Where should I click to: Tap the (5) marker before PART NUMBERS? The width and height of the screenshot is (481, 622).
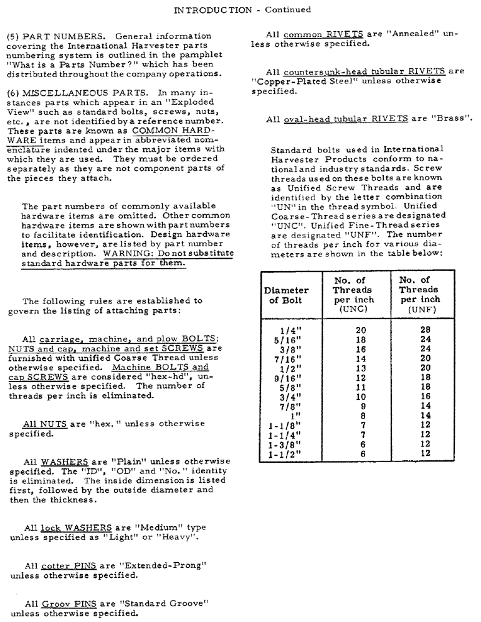(13, 36)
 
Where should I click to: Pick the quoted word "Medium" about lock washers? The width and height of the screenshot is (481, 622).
(150, 527)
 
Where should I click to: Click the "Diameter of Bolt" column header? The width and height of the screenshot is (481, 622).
(286, 295)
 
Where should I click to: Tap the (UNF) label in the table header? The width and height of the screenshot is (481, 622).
(418, 309)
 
